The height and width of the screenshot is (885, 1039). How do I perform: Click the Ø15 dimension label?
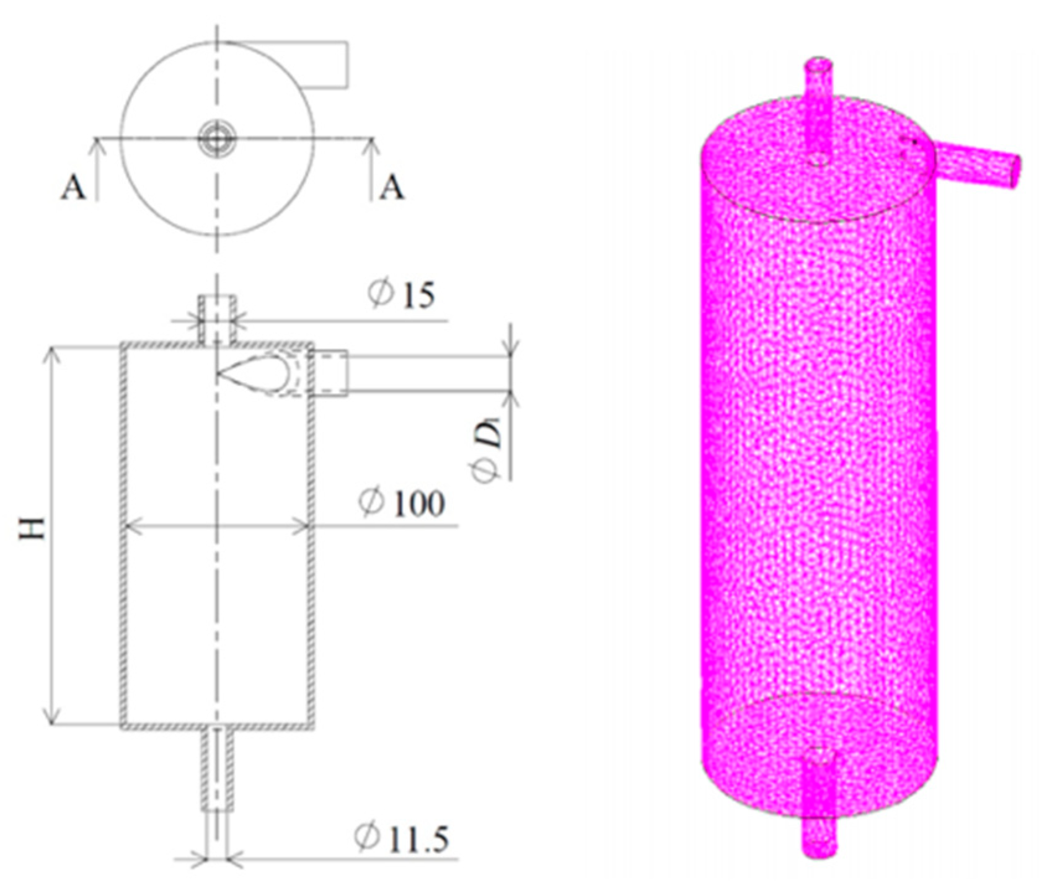pos(401,294)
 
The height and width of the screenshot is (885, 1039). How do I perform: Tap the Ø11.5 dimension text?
pos(402,838)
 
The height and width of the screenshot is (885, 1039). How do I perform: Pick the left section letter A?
pos(73,186)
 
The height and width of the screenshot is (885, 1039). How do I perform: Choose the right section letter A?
pos(392,186)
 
